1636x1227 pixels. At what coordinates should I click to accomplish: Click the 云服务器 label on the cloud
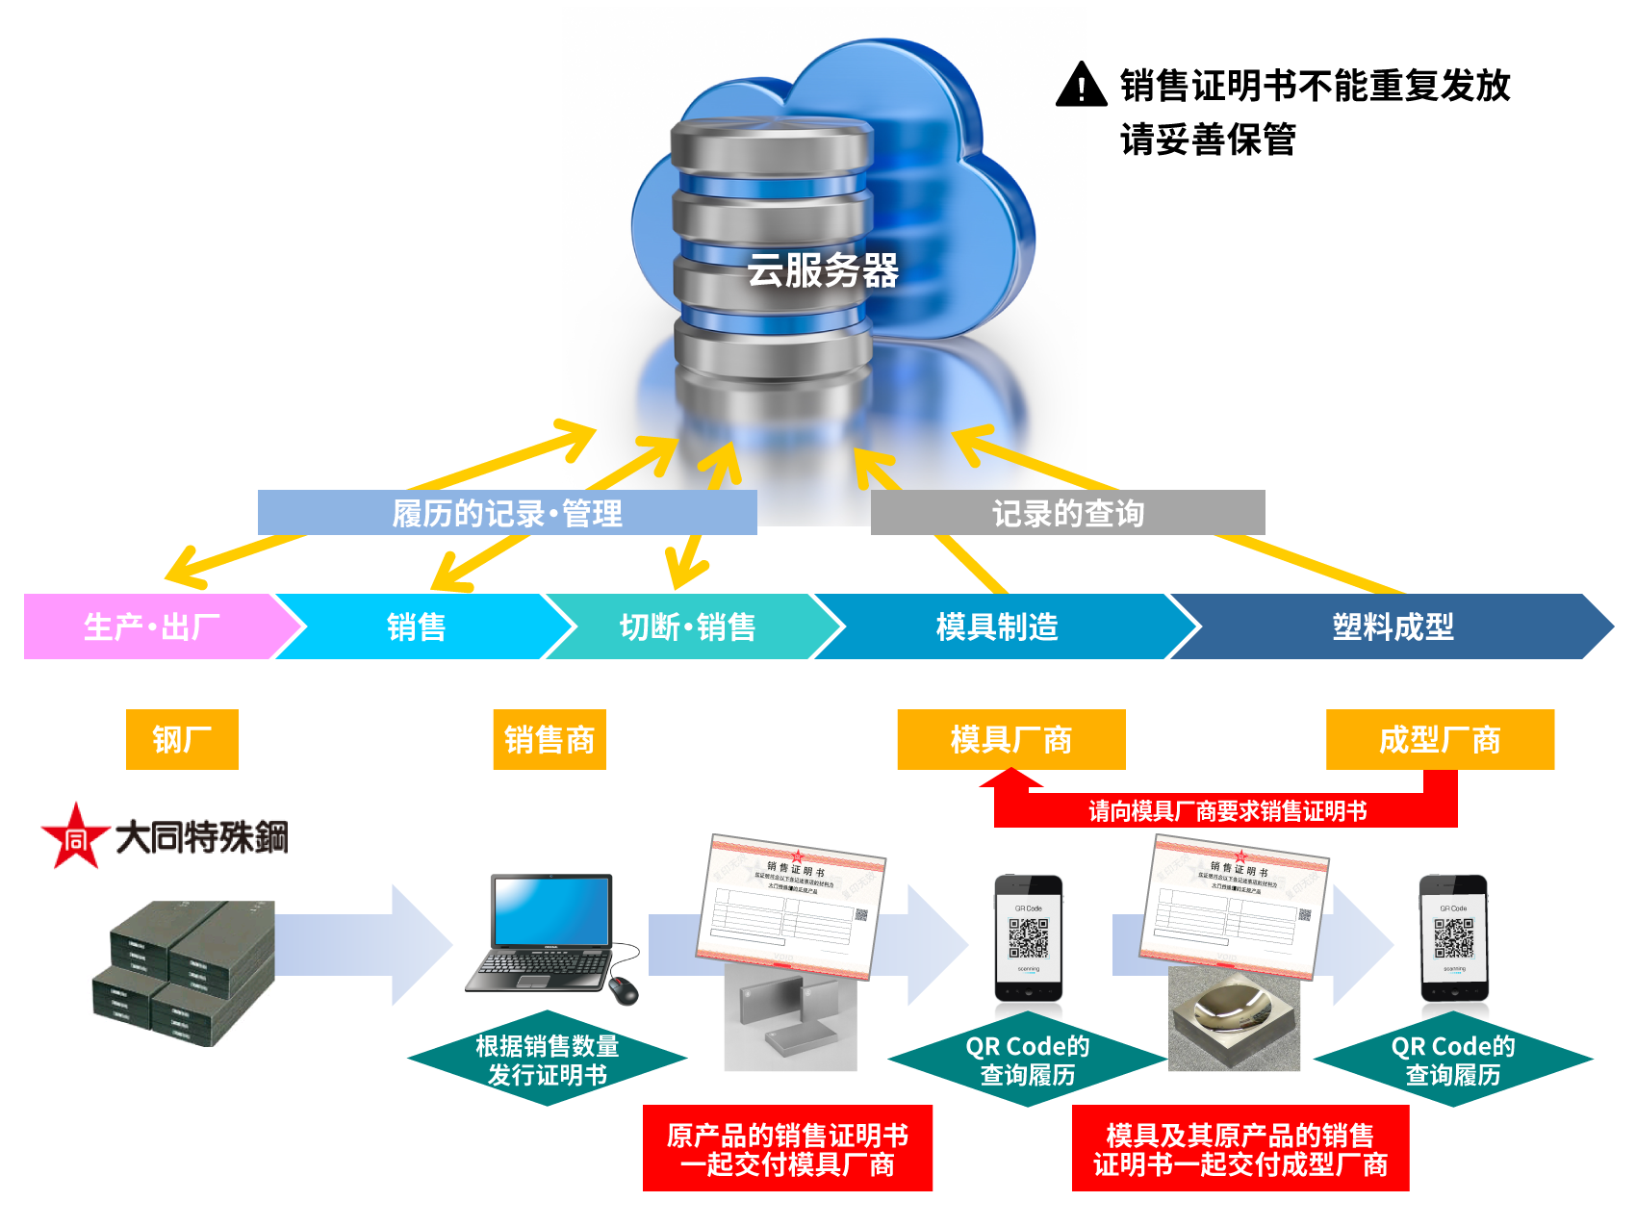(823, 270)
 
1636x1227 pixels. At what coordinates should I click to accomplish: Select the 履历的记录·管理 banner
(507, 513)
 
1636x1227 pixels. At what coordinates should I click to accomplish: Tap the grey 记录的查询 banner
(1067, 513)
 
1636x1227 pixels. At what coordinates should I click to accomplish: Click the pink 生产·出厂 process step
(152, 626)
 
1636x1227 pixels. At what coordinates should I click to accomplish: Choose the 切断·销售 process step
(687, 626)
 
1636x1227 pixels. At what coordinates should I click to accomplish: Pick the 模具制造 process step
(997, 626)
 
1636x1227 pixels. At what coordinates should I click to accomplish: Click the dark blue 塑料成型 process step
(1392, 626)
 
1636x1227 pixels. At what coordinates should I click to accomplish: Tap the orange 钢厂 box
(182, 739)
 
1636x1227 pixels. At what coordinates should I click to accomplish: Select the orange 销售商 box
(549, 739)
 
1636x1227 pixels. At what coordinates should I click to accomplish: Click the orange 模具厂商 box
(1010, 739)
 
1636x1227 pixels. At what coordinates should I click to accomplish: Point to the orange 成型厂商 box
(1440, 739)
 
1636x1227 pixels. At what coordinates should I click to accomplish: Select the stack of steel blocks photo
(178, 973)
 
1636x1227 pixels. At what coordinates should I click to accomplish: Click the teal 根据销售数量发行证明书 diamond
(547, 1059)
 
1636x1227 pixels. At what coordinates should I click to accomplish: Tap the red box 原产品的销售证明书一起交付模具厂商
(787, 1148)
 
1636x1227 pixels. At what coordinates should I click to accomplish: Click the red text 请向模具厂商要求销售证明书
(1227, 811)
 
